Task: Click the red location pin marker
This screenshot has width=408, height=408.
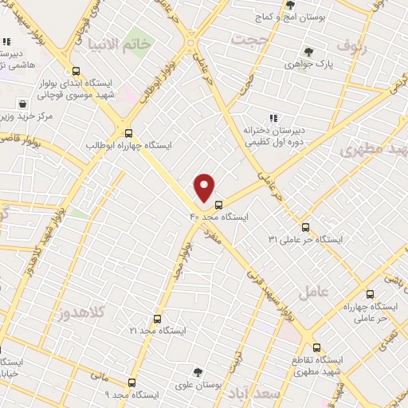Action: (206, 187)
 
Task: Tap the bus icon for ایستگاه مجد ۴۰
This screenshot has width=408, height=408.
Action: (219, 203)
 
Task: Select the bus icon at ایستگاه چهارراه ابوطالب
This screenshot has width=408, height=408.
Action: (128, 133)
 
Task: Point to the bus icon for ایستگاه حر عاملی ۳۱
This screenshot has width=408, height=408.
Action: (305, 226)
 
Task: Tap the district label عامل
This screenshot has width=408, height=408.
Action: (312, 293)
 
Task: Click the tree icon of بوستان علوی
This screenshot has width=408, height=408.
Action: (198, 371)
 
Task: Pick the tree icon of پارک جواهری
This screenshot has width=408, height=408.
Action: (308, 53)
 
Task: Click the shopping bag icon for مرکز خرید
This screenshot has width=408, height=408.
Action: (23, 104)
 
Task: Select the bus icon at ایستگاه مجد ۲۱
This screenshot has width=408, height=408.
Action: (157, 319)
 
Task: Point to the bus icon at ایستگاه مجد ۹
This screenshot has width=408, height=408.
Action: (131, 382)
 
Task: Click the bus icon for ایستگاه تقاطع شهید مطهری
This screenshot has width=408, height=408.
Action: (316, 347)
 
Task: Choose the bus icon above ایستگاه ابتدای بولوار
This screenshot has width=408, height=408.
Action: (76, 70)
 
